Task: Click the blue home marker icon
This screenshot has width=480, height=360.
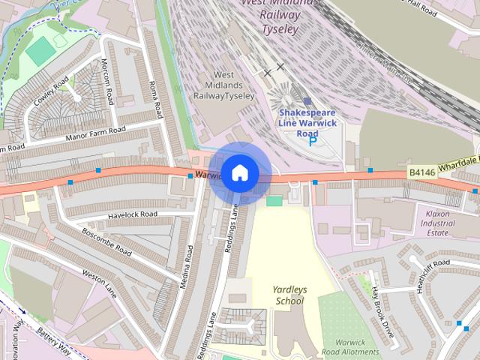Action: coord(239,173)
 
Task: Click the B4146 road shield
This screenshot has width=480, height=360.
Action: coord(422,172)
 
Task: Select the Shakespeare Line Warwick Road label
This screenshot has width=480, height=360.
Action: coord(307,123)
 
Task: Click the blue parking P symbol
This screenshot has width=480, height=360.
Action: coord(313,140)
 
